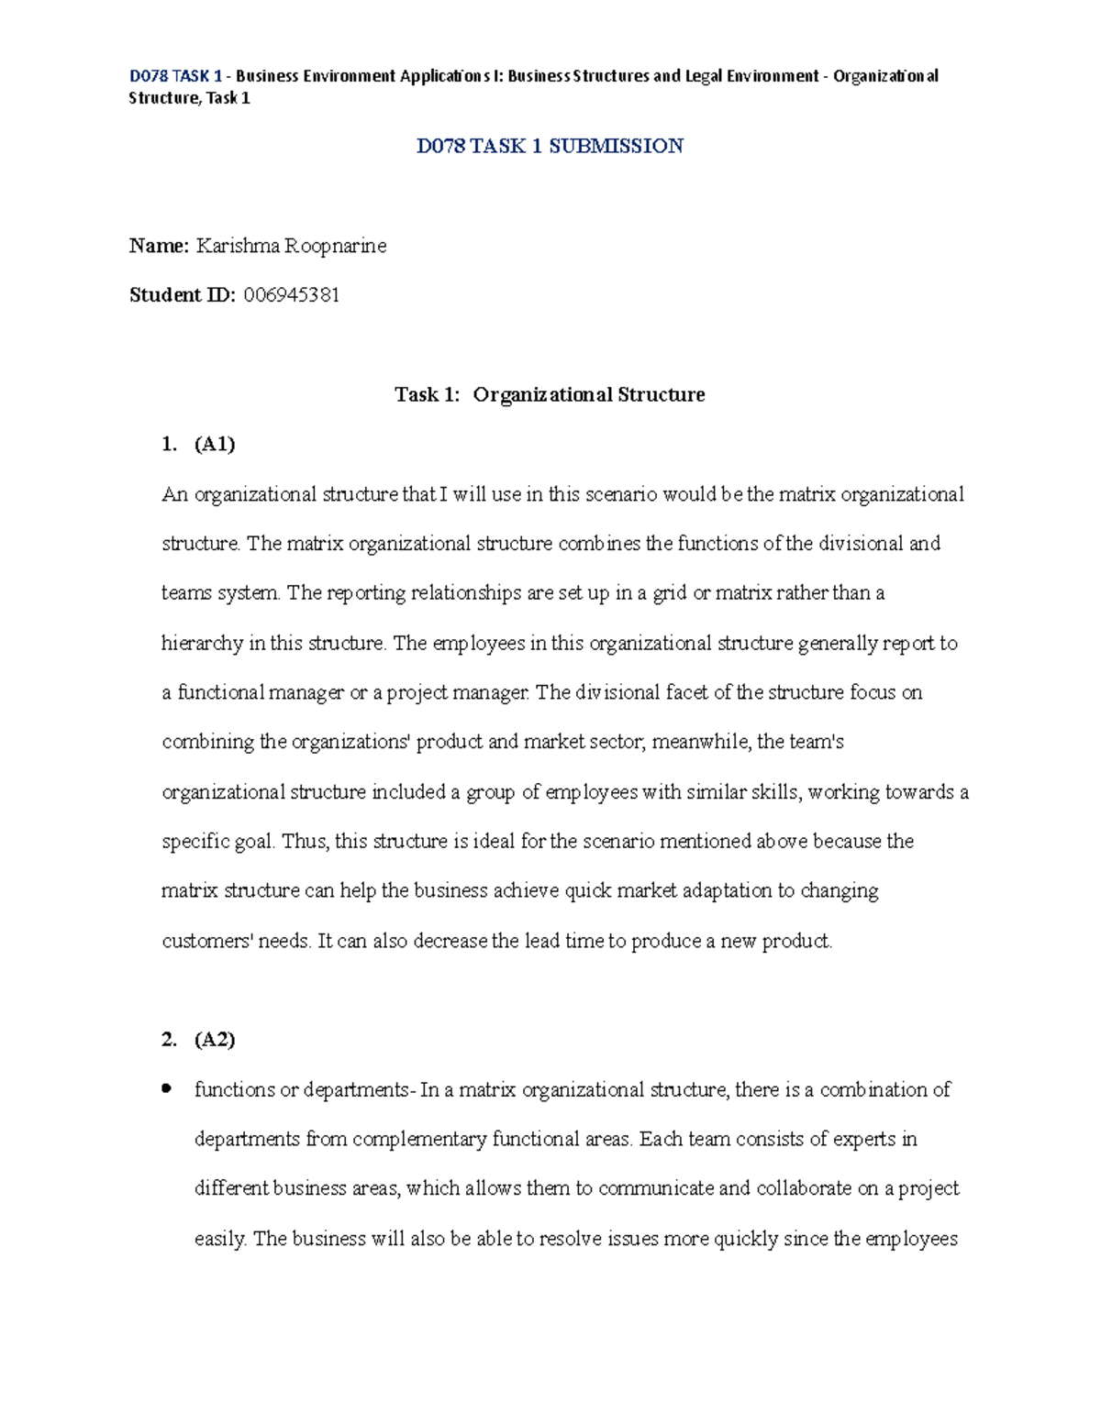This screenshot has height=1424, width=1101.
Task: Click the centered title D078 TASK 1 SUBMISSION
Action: (550, 146)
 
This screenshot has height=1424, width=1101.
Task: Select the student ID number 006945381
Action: (292, 295)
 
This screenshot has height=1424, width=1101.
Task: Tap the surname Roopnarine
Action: (335, 246)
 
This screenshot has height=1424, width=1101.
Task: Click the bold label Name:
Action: (159, 246)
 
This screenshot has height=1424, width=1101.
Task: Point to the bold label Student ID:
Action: (183, 295)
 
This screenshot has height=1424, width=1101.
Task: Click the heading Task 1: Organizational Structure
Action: (550, 395)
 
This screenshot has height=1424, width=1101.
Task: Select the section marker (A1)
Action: (215, 445)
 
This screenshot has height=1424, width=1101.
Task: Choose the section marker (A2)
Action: (215, 1040)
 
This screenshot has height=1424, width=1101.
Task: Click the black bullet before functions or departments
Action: (166, 1089)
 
